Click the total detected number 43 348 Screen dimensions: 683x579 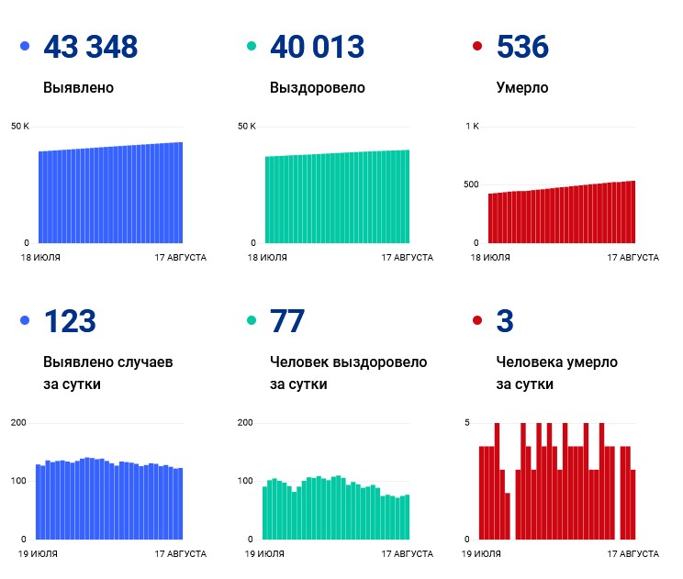91,47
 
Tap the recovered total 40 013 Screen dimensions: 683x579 317,47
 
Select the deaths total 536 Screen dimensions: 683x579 522,47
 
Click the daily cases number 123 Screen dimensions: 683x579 70,321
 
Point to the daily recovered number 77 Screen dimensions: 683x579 287,321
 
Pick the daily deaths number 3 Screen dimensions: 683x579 505,321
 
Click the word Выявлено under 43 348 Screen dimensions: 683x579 78,87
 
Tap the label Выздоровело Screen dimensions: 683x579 318,88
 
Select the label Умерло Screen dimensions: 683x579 522,88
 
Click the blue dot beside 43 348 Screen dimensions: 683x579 26,46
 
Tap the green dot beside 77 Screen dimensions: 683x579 252,320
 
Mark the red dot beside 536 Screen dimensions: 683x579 477,46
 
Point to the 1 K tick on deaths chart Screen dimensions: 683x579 472,127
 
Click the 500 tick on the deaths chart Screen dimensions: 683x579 471,184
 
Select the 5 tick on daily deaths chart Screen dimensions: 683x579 467,423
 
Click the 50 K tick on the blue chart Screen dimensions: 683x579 20,127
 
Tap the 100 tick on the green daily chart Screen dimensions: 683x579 245,481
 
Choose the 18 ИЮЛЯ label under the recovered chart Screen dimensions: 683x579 267,258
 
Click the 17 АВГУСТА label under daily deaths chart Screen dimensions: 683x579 633,554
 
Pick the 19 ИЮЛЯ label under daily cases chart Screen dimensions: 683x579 38,554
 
